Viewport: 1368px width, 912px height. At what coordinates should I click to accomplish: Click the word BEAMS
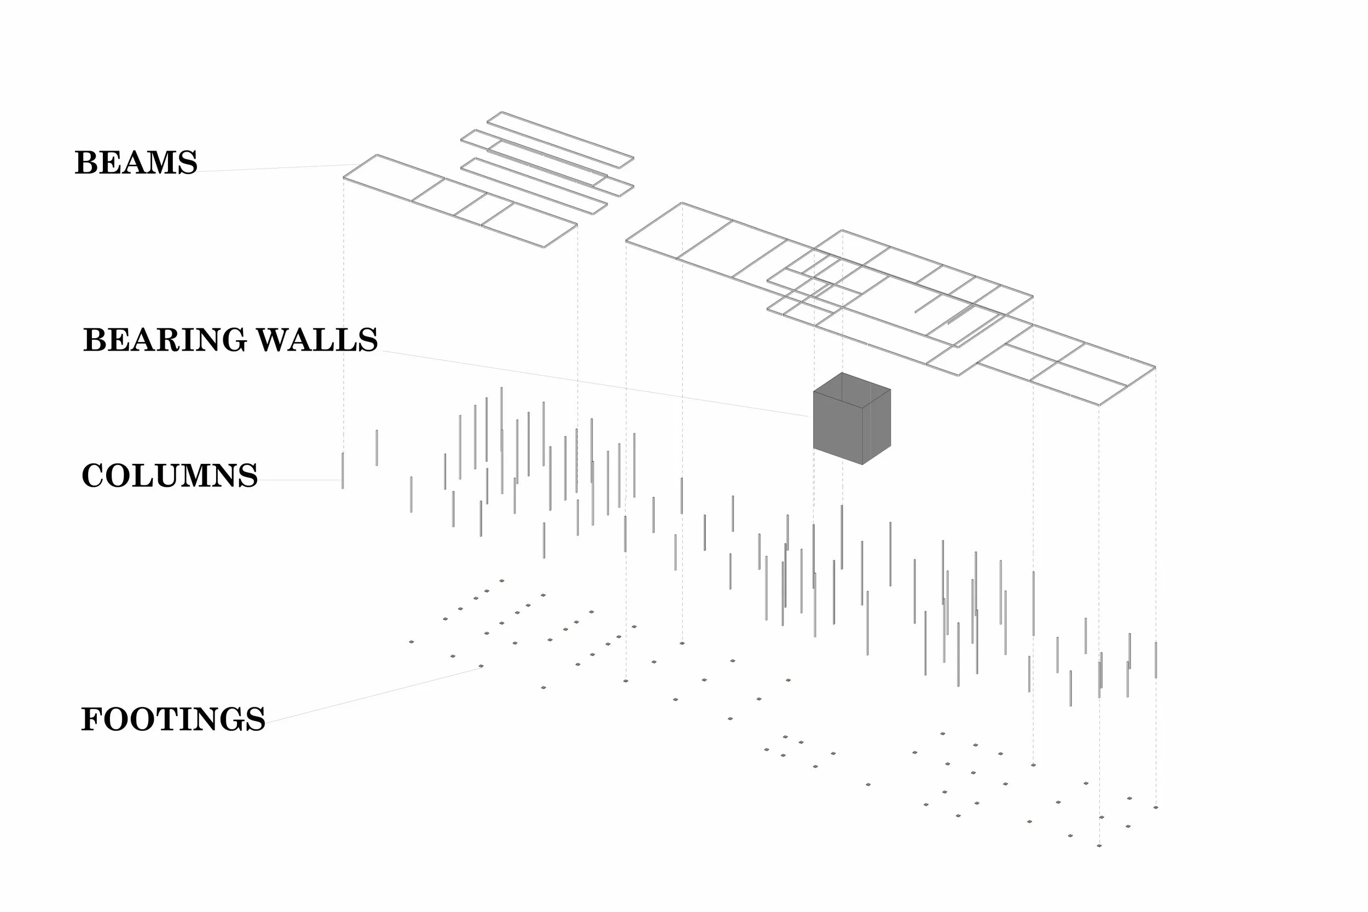136,162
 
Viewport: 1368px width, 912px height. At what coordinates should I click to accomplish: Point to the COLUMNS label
169,476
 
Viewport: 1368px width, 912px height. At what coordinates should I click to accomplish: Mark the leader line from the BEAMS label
274,168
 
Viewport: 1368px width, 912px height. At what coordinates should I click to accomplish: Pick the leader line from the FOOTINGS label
372,695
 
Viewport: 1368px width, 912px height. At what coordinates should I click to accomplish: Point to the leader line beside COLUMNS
299,480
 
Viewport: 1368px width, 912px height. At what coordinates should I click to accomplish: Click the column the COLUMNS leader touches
343,470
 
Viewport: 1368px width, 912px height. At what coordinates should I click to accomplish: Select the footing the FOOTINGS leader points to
481,666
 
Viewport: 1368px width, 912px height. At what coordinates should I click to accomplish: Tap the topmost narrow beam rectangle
560,140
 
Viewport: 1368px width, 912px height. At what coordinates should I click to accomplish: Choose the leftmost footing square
411,642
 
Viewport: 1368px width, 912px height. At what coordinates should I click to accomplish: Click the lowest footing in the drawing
1099,846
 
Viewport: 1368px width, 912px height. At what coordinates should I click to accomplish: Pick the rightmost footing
1156,808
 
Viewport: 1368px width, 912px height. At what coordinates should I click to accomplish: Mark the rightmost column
1156,660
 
